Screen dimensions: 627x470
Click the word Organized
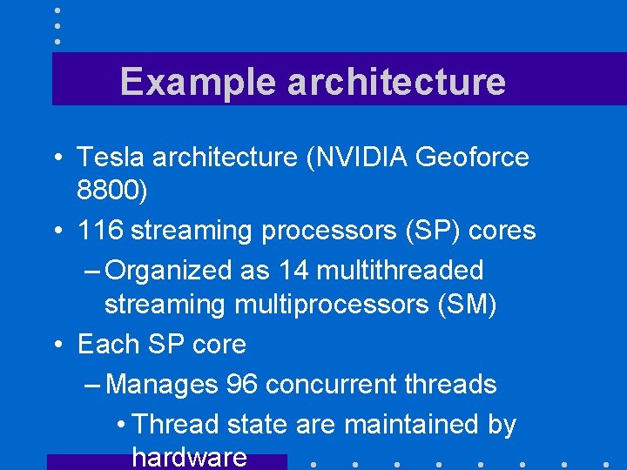[170, 271]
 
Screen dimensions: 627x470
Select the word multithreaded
[401, 271]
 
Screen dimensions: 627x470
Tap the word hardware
[189, 457]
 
